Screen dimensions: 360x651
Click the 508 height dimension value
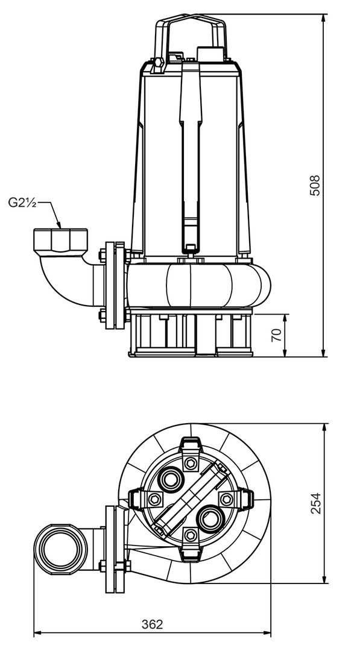(316, 185)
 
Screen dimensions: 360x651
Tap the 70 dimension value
(277, 335)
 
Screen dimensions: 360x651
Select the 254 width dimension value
(316, 503)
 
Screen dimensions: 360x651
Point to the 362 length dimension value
(153, 624)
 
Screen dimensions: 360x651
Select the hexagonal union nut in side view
(61, 241)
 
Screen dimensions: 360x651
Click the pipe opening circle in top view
(61, 549)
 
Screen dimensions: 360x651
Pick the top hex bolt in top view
(191, 463)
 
